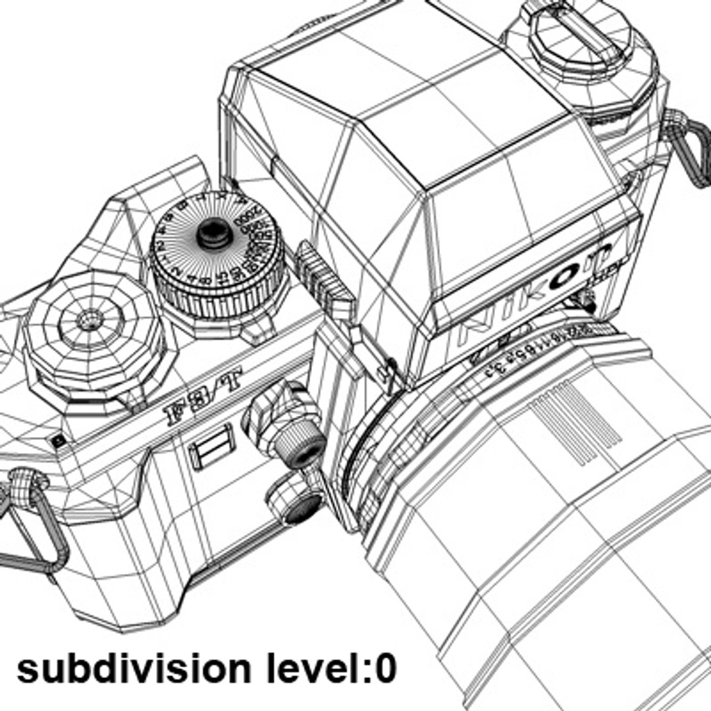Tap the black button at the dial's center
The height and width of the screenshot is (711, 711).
tap(213, 231)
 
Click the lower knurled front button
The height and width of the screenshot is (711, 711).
tap(302, 508)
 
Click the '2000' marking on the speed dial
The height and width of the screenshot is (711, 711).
tap(251, 221)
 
